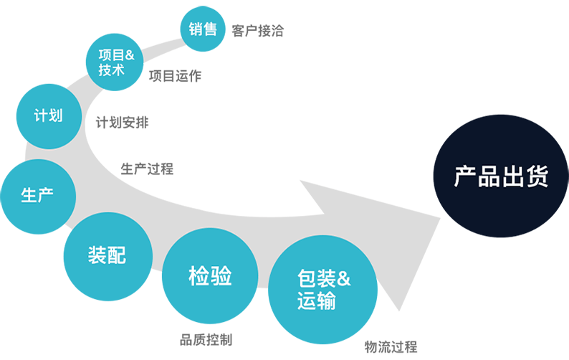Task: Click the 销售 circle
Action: click(204, 29)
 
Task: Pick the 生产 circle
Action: click(37, 194)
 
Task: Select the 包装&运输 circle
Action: click(323, 290)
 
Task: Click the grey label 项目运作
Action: click(175, 75)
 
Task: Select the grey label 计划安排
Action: click(123, 122)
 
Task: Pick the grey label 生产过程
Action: click(147, 169)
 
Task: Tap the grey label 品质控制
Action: click(206, 340)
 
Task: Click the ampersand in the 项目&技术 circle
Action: click(130, 55)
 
